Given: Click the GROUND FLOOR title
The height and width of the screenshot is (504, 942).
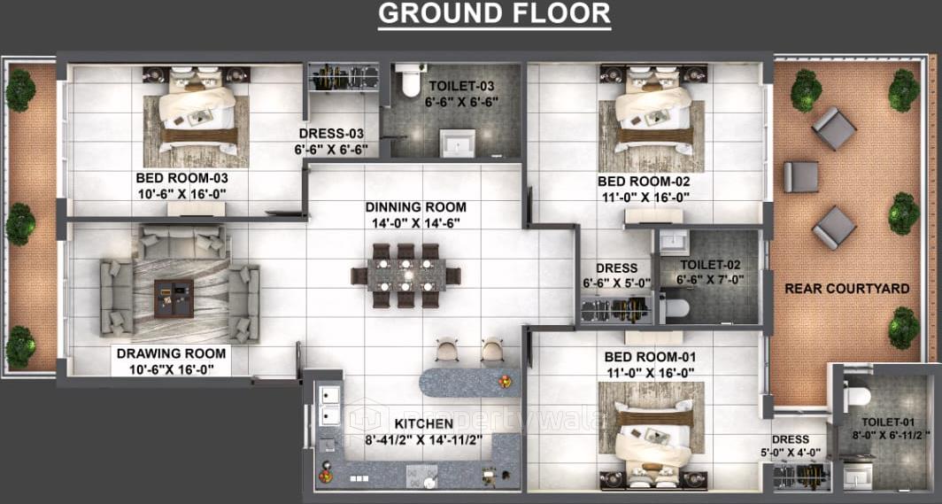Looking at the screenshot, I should point(494,14).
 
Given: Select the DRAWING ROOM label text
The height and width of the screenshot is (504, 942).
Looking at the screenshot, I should point(171,353).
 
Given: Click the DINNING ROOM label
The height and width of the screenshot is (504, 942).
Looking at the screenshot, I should point(415,207).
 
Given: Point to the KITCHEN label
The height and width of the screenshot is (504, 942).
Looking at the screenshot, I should point(424,423).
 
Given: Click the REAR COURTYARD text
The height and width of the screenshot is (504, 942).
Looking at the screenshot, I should point(847,289).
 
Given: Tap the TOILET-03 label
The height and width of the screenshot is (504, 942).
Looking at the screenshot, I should point(461,86).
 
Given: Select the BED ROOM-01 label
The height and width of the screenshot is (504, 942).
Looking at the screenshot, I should point(645,356).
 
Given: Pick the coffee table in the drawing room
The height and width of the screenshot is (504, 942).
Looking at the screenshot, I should point(174,297).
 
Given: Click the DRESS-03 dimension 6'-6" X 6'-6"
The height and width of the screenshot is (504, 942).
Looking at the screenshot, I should point(331,149).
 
